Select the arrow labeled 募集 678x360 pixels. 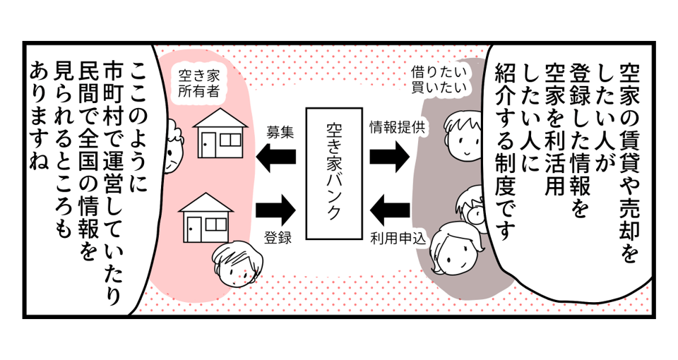tap(276, 156)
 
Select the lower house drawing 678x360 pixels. tap(204, 216)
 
